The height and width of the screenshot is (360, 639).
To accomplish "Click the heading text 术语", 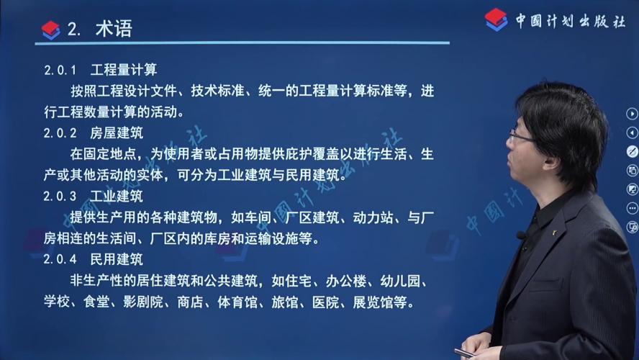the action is click(114, 29).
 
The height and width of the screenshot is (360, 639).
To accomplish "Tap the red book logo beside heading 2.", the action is click(51, 30).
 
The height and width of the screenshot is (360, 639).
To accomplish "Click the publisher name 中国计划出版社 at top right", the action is click(570, 21).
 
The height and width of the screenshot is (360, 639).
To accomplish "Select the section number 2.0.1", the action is click(60, 70).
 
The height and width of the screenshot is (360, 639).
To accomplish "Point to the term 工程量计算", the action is click(124, 70).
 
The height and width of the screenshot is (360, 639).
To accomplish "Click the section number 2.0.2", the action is click(60, 133).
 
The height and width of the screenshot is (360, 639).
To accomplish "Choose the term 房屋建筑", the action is click(117, 133).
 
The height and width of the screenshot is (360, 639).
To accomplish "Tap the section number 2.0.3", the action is click(60, 197).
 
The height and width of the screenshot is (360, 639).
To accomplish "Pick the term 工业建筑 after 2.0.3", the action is click(117, 196).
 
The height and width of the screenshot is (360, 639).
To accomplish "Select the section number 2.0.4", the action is click(60, 259).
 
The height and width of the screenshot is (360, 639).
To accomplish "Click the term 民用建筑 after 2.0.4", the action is click(117, 259).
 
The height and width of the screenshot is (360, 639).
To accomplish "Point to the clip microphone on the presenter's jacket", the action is click(521, 235).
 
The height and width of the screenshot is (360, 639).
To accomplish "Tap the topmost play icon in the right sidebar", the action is click(632, 114).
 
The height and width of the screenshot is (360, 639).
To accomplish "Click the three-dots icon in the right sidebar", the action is click(632, 208).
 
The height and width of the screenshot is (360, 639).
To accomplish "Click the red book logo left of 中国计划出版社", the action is click(496, 19).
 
